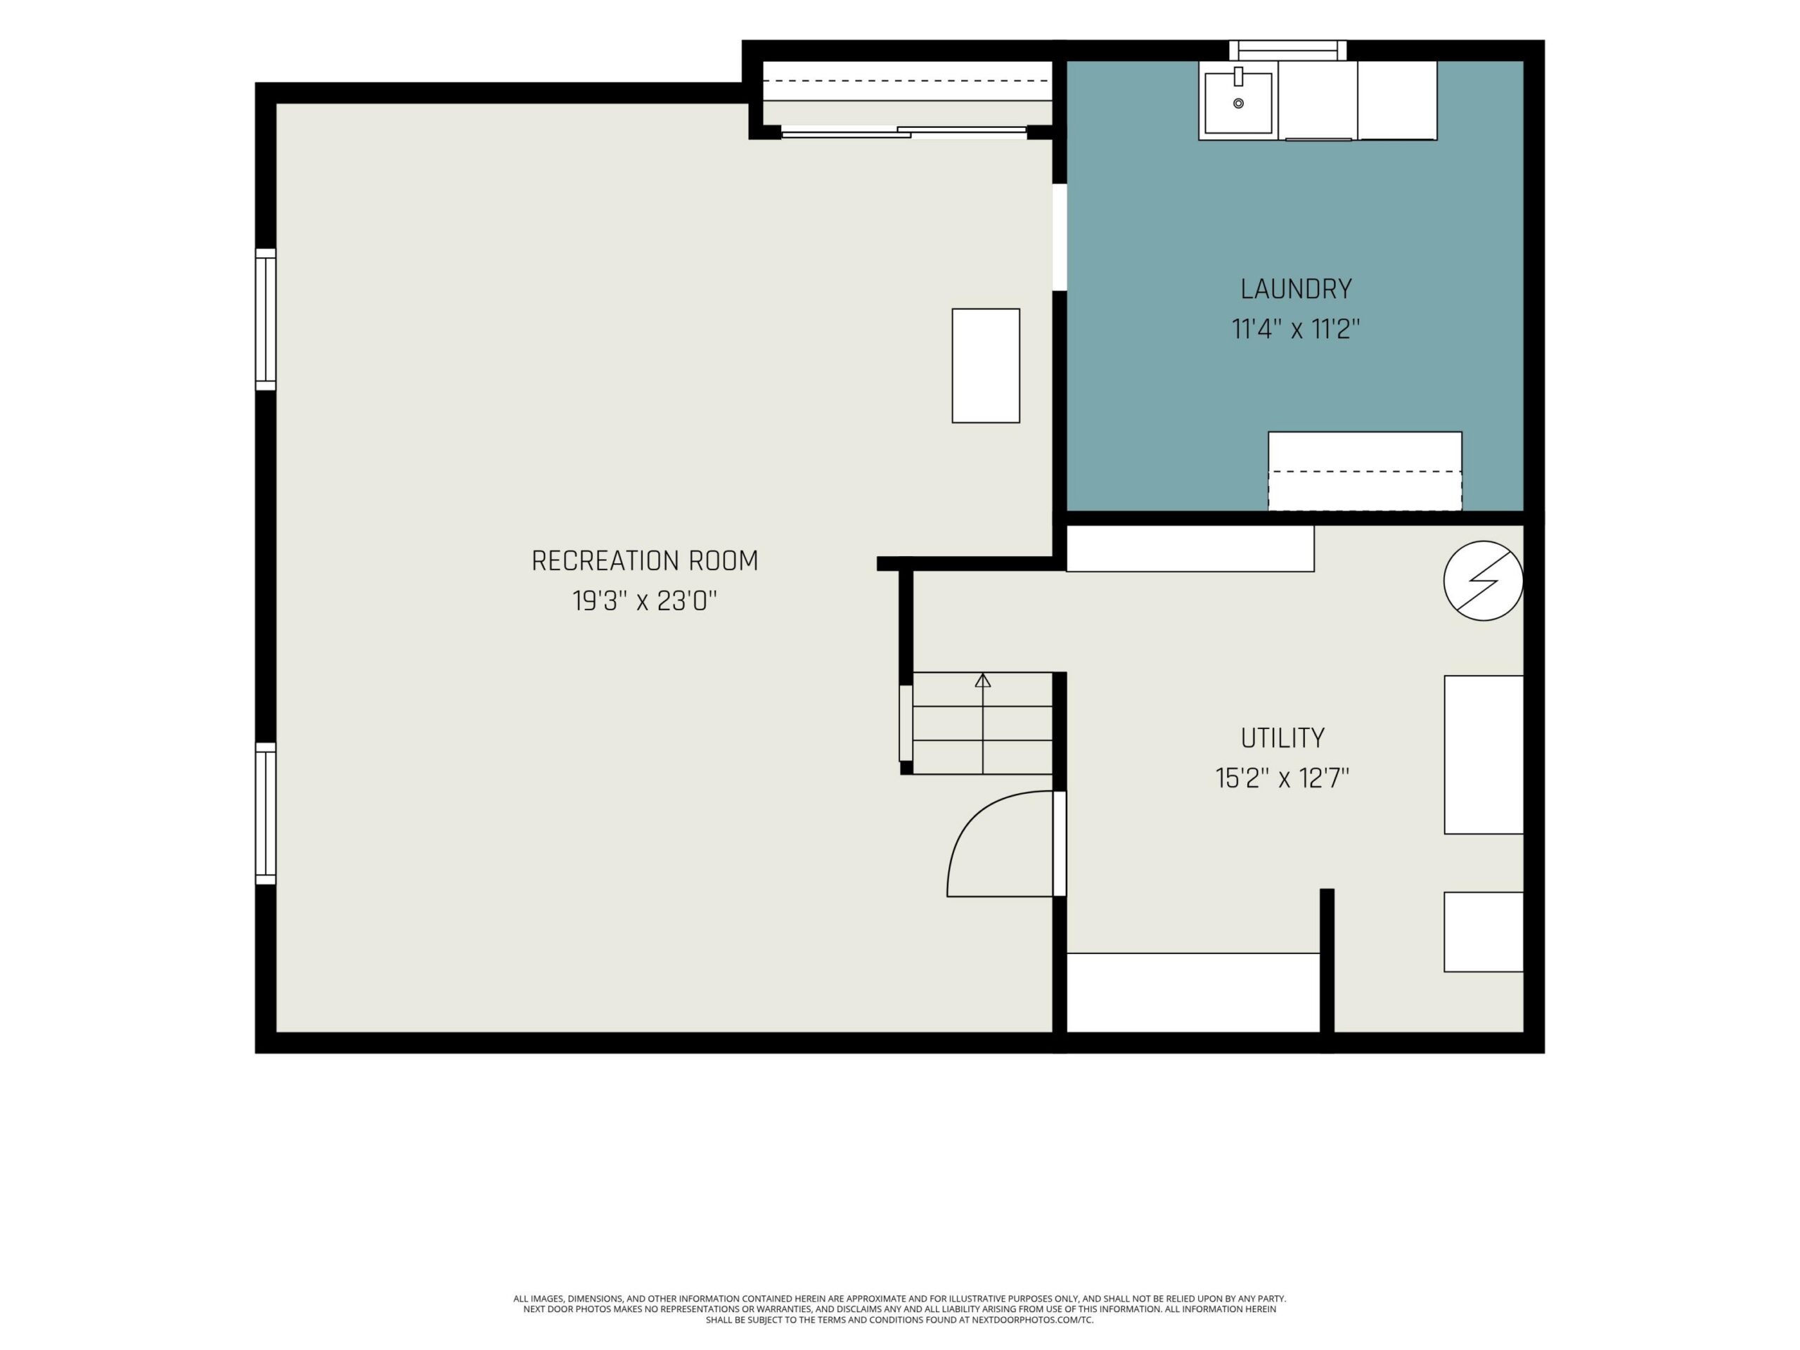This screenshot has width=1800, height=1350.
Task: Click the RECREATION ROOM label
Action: pos(645,560)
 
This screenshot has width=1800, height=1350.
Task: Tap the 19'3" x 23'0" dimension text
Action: pos(645,601)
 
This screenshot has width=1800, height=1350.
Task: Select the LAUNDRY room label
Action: pos(1297,289)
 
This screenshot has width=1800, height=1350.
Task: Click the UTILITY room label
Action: pos(1282,738)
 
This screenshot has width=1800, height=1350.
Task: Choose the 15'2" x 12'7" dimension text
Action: pos(1282,779)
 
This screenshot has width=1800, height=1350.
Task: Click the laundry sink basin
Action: pos(1237,103)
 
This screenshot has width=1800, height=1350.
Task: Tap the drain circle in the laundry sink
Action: pos(1238,103)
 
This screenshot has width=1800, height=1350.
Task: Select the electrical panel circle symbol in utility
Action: pos(1483,581)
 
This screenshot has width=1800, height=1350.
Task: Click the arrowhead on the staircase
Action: pos(983,681)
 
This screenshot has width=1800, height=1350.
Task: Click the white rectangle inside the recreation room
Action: pos(986,366)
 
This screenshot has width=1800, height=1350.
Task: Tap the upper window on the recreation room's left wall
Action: pos(265,319)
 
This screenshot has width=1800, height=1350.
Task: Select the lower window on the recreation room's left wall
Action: pos(265,813)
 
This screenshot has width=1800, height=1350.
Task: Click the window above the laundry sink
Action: pos(1287,51)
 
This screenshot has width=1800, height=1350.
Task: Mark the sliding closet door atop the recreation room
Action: pos(904,131)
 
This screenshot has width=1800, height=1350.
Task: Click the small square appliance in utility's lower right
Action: pos(1484,932)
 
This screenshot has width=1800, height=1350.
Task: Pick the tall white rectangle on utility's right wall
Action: pos(1484,754)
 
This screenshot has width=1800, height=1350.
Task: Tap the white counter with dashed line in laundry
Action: pos(1365,471)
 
